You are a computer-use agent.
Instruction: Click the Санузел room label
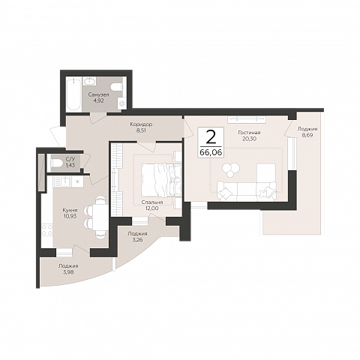click(98, 94)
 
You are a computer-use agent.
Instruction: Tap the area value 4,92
click(98, 100)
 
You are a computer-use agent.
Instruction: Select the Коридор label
click(141, 124)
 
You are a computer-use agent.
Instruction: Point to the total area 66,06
click(211, 152)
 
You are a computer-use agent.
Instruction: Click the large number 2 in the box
click(211, 137)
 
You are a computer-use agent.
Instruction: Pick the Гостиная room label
click(249, 133)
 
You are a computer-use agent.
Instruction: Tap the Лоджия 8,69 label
click(307, 132)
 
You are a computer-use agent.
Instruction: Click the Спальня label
click(152, 202)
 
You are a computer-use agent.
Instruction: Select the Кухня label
click(70, 210)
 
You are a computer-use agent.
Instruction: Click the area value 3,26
click(137, 240)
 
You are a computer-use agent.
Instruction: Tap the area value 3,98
click(68, 272)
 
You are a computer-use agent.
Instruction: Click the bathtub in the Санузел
click(73, 94)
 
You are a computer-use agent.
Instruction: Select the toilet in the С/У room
click(56, 163)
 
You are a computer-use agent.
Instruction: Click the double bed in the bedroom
click(161, 180)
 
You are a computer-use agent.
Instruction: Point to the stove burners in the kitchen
click(47, 230)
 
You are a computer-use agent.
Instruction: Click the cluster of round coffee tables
click(231, 169)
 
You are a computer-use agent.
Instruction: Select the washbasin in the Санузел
click(89, 81)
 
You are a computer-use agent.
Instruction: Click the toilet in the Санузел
click(117, 87)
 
